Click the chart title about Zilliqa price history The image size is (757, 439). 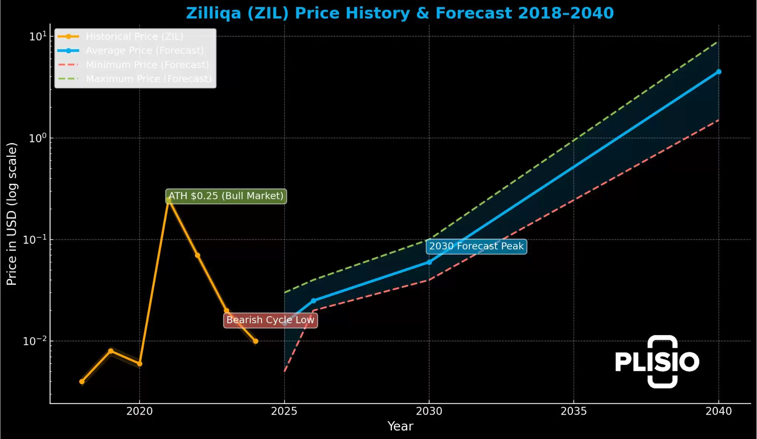(400, 13)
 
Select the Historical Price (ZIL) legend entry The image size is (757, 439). (134, 36)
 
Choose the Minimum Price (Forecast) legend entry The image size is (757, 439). (147, 65)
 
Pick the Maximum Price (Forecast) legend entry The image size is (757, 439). (149, 79)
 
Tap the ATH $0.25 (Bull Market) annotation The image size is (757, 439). (226, 196)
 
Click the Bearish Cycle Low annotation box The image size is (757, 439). (270, 320)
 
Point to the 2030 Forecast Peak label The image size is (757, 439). (476, 246)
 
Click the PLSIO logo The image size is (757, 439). (657, 362)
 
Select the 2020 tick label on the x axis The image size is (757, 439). (139, 411)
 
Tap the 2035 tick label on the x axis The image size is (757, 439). (574, 411)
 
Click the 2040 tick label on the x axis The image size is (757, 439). (719, 411)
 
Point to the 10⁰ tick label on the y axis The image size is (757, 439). (38, 138)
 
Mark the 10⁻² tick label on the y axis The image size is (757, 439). (35, 341)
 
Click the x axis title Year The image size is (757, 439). (400, 426)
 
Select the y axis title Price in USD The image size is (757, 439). (12, 214)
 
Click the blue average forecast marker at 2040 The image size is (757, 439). (719, 72)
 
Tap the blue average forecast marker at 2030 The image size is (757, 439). (429, 262)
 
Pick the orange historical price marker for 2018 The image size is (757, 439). (82, 381)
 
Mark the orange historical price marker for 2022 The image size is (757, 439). (197, 255)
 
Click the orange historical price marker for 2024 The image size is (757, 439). (255, 341)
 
